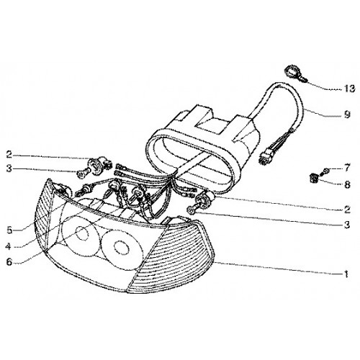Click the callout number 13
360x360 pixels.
pyautogui.click(x=348, y=89)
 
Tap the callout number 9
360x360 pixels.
pyautogui.click(x=347, y=114)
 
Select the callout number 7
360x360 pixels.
pyautogui.click(x=347, y=168)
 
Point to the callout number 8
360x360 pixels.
pyautogui.click(x=347, y=184)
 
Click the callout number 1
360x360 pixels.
pyautogui.click(x=346, y=274)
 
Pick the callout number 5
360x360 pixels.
pyautogui.click(x=9, y=230)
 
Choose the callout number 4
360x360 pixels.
pyautogui.click(x=9, y=246)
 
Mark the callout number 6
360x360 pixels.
pyautogui.click(x=9, y=261)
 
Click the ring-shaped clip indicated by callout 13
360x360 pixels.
pyautogui.click(x=292, y=72)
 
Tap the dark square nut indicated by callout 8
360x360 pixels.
pyautogui.click(x=314, y=178)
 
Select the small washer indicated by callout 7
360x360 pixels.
pyautogui.click(x=326, y=171)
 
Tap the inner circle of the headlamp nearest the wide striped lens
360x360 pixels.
pyautogui.click(x=120, y=247)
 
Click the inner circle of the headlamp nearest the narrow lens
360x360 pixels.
pyautogui.click(x=82, y=233)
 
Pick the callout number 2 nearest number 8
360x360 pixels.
pyautogui.click(x=347, y=210)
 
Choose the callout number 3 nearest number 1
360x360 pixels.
pyautogui.click(x=347, y=225)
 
